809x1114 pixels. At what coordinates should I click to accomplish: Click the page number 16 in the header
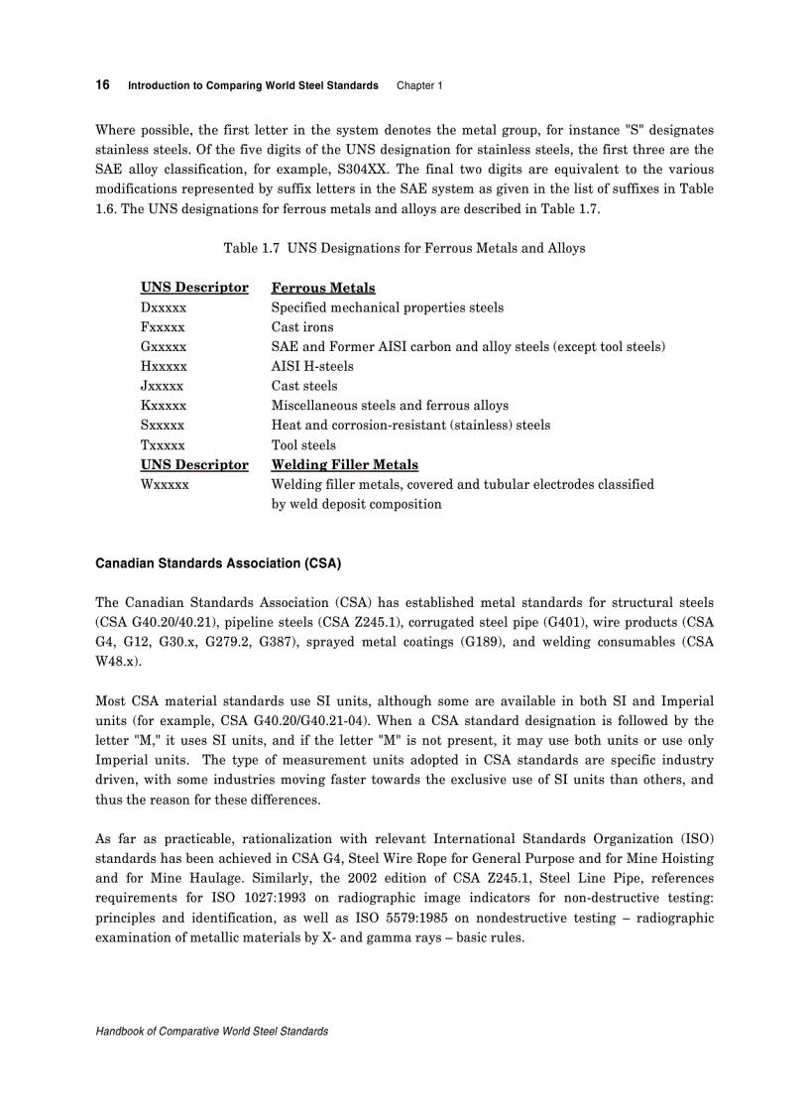tap(102, 85)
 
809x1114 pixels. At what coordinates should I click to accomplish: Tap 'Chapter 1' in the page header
tap(419, 86)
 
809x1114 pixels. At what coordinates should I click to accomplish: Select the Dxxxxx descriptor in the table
tap(164, 308)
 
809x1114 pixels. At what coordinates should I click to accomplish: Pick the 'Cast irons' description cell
tap(302, 327)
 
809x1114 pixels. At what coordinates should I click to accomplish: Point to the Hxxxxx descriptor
tap(164, 366)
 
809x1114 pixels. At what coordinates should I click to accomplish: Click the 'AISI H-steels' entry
tap(312, 366)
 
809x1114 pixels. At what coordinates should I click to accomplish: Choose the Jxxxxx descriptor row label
tap(163, 386)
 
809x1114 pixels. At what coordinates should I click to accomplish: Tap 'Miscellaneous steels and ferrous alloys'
tap(390, 406)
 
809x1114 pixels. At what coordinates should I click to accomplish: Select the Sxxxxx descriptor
tap(163, 426)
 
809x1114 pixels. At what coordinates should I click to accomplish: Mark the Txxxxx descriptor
tap(163, 445)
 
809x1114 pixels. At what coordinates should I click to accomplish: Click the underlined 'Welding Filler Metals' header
tap(345, 464)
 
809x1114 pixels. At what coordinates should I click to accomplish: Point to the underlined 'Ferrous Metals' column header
tap(323, 288)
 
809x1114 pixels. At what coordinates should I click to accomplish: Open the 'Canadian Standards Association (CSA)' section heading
tap(218, 563)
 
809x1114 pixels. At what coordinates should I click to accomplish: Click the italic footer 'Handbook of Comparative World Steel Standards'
tap(211, 1032)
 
